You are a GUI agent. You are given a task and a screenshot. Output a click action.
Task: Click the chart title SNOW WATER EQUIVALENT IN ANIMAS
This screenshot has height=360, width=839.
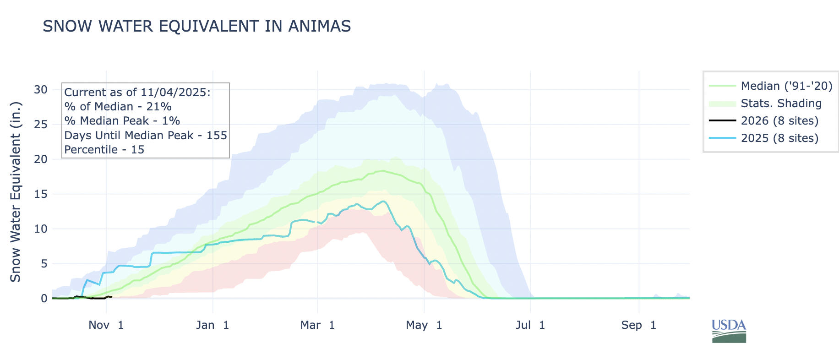pos(196,27)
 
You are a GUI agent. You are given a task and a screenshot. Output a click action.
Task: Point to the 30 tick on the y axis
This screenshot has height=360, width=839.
pos(41,90)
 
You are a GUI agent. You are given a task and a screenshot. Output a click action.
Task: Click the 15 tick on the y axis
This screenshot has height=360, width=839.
pos(41,194)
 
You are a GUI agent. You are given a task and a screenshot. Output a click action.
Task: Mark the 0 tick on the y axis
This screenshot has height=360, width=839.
pos(44,299)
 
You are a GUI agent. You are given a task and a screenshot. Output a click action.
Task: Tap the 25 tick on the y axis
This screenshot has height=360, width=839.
pos(41,125)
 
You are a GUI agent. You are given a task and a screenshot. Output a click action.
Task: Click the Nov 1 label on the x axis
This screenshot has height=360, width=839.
pos(106,325)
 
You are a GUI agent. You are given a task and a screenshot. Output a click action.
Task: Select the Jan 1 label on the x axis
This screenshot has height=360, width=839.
pos(212,325)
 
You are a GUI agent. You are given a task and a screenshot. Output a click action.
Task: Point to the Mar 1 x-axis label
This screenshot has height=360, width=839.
pos(317,325)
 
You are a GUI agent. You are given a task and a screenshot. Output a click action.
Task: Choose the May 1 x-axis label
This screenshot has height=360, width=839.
pos(424,325)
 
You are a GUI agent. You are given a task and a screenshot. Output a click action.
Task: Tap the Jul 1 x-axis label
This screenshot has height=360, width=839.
pos(530,325)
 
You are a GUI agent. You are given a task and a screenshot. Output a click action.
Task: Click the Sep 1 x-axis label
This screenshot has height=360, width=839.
pos(639,325)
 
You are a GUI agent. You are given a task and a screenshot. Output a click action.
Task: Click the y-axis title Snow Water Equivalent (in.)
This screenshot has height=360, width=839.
pos(16,191)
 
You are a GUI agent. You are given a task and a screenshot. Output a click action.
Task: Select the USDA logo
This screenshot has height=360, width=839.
pos(729,331)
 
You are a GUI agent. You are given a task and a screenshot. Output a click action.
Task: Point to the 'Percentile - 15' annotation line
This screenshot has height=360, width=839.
pos(104,150)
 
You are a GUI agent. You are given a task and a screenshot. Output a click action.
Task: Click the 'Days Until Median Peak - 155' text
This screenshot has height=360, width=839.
pos(146,136)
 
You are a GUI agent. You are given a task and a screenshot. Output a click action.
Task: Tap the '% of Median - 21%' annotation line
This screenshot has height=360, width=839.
pos(118,107)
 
